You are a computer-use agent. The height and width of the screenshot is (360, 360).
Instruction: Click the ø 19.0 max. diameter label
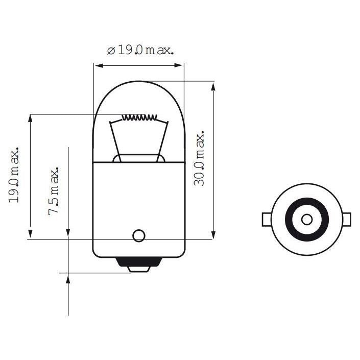point(140,51)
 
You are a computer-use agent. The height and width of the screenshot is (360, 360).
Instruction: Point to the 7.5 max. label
point(54,190)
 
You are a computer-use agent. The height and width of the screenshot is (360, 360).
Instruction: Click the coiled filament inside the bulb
point(138,117)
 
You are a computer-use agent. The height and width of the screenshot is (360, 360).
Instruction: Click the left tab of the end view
point(266,219)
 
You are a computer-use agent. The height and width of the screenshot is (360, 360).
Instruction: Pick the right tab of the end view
point(347,219)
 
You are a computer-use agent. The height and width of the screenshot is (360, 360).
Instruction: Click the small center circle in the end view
point(306,219)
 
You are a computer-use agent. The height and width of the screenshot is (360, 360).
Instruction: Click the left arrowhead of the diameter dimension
point(97,65)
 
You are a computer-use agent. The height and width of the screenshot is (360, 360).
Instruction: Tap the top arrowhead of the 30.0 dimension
point(212,85)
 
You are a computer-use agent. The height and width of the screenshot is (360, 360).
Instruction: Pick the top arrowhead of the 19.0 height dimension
point(31,118)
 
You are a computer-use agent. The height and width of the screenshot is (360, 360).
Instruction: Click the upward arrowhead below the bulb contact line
point(68,278)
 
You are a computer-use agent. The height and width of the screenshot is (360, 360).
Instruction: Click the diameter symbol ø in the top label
point(110,51)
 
